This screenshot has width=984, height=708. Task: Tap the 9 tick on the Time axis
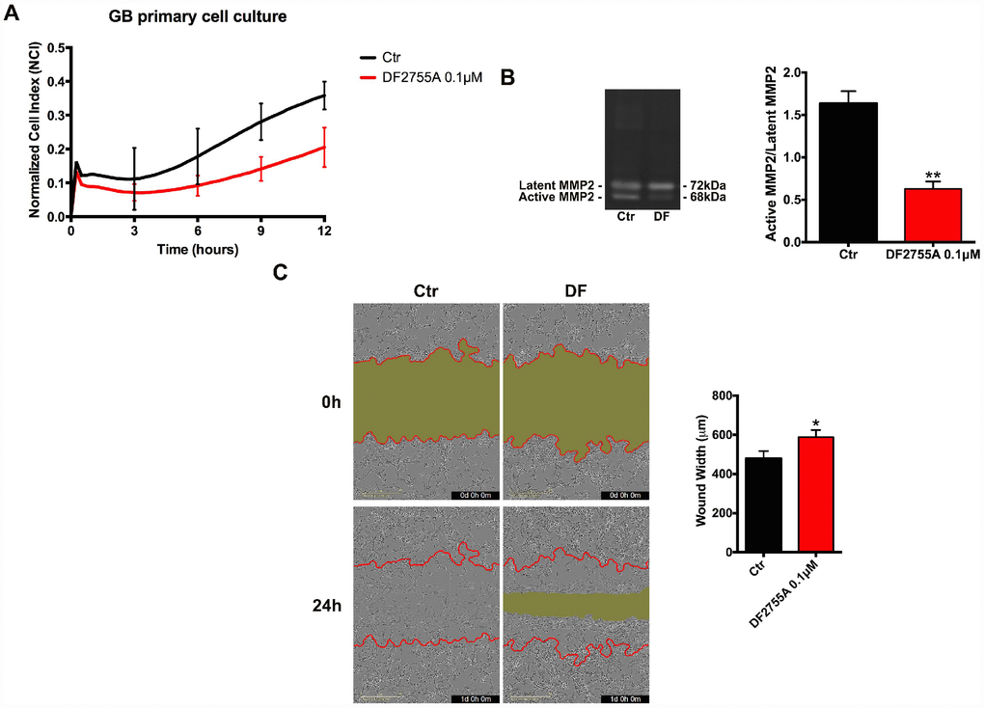(260, 231)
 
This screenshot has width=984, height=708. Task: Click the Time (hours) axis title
(197, 249)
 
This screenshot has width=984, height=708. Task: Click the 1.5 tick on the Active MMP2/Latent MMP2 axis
(798, 115)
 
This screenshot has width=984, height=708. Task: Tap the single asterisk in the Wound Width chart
(816, 423)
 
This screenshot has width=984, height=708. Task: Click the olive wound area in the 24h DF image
(577, 604)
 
